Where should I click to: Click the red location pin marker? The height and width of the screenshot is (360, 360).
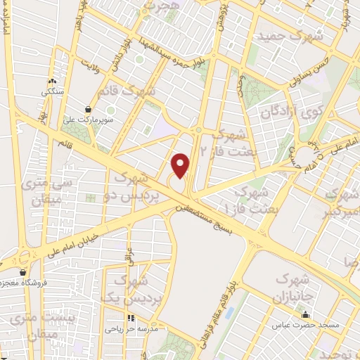tap(181, 165)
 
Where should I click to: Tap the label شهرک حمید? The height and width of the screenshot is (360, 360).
tap(290, 35)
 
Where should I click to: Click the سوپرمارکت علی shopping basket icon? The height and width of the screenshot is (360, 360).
tap(88, 109)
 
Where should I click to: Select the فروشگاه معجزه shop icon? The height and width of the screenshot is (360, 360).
tap(23, 271)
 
